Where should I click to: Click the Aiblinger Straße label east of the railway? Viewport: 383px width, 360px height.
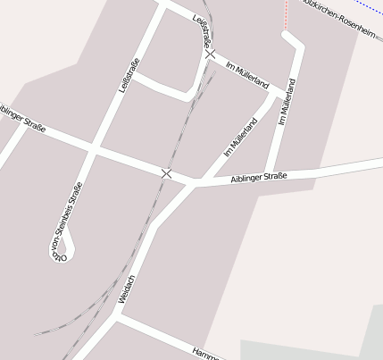click(259, 178)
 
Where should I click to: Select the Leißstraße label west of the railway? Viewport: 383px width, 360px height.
click(129, 75)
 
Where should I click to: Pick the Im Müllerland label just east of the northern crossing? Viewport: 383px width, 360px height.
click(247, 75)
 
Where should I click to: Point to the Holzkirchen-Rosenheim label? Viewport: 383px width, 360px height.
click(343, 13)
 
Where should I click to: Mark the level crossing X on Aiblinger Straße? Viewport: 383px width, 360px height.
click(166, 172)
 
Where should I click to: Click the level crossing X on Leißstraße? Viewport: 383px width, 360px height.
click(210, 54)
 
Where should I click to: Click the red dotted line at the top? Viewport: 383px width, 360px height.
click(287, 13)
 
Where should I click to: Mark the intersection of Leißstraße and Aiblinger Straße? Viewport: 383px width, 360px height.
click(94, 147)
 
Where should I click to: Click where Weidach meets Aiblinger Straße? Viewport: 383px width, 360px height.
click(193, 184)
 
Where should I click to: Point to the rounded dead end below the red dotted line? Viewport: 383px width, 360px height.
click(287, 36)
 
